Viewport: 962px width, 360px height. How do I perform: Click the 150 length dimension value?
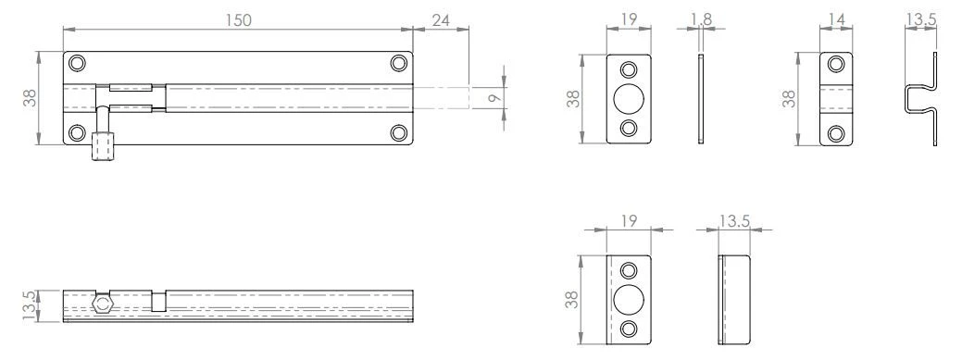click(238, 19)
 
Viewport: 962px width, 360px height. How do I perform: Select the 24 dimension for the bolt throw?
click(441, 19)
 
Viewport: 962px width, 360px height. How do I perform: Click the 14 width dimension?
click(836, 19)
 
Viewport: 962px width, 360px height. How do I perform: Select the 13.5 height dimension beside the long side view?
click(30, 304)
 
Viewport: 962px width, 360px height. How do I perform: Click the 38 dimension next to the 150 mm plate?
click(30, 98)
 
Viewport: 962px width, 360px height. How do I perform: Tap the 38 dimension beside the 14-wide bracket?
click(788, 98)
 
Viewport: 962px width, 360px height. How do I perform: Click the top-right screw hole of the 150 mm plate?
click(399, 63)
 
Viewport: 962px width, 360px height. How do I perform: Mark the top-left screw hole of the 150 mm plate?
click(77, 63)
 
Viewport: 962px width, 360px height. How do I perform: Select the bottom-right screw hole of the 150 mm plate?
click(399, 132)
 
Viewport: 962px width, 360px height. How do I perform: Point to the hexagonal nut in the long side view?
click(103, 302)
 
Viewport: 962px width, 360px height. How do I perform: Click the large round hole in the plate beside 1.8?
click(629, 98)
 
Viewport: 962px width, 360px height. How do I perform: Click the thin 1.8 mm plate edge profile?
click(701, 98)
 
